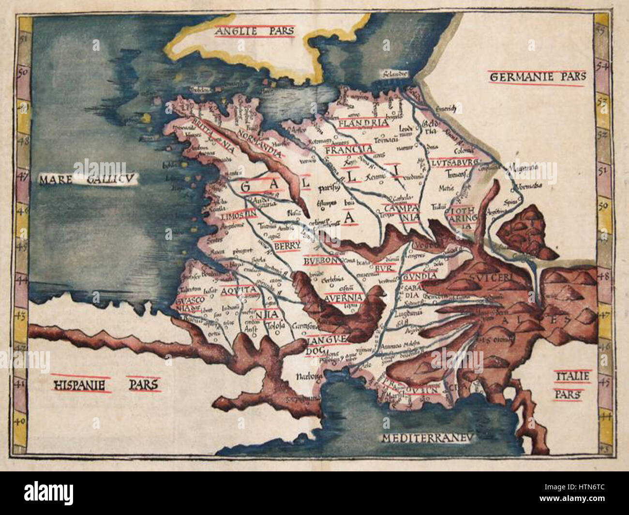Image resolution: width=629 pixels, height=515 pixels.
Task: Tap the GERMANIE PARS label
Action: [x=538, y=77]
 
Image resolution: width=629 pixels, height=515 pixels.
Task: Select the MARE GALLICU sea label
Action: [x=88, y=181]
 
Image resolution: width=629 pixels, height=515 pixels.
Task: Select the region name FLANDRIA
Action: [x=364, y=123]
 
